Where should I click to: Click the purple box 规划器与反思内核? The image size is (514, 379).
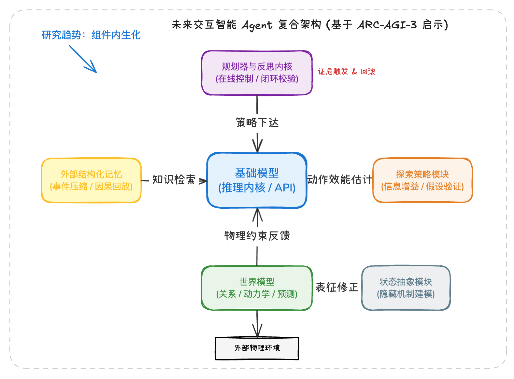tap(257, 73)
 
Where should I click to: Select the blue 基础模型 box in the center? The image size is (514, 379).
tap(257, 180)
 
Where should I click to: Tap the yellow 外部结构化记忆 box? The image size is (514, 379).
tap(91, 180)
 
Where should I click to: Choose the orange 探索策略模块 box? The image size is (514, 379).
tap(422, 180)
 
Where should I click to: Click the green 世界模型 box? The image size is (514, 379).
tap(257, 288)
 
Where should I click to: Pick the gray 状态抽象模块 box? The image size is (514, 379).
tap(406, 288)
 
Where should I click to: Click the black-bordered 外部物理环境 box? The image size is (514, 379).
tap(257, 348)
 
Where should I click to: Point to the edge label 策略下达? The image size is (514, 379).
tap(257, 123)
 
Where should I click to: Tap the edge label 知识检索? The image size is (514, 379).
tap(174, 179)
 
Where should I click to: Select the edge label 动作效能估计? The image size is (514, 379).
tap(340, 179)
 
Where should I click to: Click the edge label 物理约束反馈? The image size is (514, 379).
tap(257, 235)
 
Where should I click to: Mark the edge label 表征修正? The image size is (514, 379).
tap(337, 287)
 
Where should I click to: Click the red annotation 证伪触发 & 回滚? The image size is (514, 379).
tap(347, 72)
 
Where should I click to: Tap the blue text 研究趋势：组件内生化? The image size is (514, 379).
tap(91, 35)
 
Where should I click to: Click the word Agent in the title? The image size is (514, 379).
tap(257, 25)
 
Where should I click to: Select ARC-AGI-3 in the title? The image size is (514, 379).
tap(387, 25)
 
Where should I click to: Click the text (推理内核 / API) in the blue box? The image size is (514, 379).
tap(257, 188)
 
